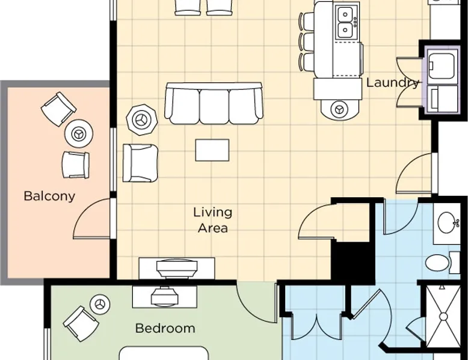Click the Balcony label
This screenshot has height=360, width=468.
(49, 197)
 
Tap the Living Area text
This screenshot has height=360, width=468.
(212, 220)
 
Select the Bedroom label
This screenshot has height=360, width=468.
(165, 328)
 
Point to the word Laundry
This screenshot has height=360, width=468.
(392, 82)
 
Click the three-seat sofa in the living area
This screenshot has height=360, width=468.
(214, 103)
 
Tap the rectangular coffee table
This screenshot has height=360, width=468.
(212, 150)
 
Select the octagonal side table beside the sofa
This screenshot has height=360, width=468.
(142, 120)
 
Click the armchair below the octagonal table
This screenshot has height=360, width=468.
(140, 163)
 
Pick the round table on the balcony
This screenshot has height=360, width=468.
(79, 133)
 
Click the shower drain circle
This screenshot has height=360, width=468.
(443, 317)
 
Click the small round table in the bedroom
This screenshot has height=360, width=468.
(100, 304)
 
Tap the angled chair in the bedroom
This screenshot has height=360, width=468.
(81, 323)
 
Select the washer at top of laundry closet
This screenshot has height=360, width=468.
(442, 66)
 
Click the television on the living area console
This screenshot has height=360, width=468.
(177, 267)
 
